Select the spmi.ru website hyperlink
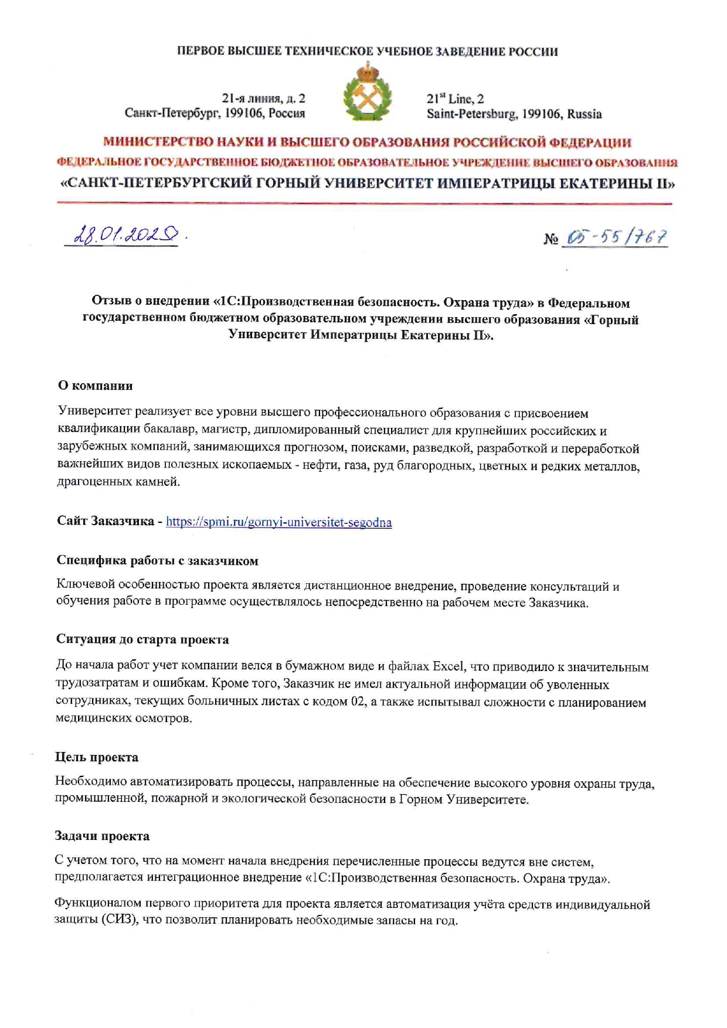[x=278, y=522]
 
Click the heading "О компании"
[x=95, y=386]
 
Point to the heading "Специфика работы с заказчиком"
[x=157, y=561]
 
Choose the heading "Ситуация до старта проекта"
[x=142, y=639]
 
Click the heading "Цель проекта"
[x=97, y=757]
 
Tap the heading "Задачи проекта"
[x=102, y=836]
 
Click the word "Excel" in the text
[x=449, y=667]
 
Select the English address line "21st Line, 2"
[x=456, y=98]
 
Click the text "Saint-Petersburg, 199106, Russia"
[x=514, y=114]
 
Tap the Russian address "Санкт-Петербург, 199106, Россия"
[x=215, y=113]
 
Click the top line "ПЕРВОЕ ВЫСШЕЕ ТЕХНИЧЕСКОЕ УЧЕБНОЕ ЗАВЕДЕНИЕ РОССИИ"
[x=367, y=52]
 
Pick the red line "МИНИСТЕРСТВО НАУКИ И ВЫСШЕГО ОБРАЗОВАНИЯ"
[x=367, y=142]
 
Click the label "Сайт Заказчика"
[x=106, y=521]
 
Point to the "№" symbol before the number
[x=551, y=239]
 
